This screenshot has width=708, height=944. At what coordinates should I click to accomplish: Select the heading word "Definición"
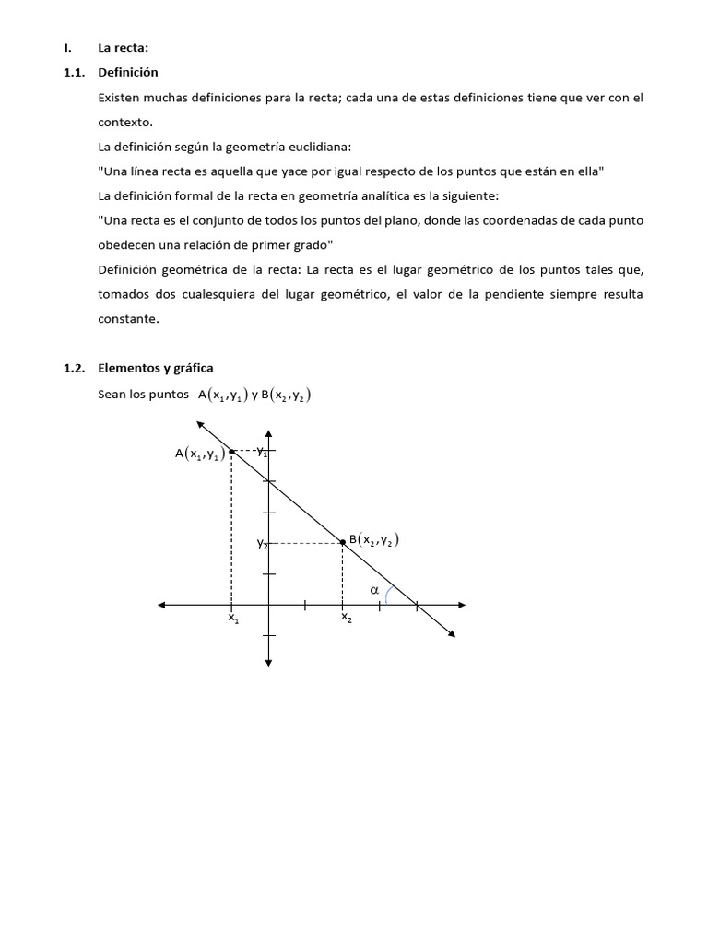pyautogui.click(x=128, y=72)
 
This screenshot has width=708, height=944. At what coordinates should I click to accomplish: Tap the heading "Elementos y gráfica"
pyautogui.click(x=155, y=368)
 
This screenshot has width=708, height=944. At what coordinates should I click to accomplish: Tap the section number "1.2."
pyautogui.click(x=75, y=368)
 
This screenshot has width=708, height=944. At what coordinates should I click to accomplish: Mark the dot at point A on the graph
pyautogui.click(x=230, y=451)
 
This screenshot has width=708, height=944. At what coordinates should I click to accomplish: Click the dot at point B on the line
pyautogui.click(x=343, y=542)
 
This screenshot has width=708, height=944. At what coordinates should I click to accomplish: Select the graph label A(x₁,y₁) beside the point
pyautogui.click(x=200, y=453)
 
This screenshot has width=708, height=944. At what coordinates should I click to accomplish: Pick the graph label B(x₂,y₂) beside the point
pyautogui.click(x=374, y=541)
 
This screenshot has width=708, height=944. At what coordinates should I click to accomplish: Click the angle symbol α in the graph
pyautogui.click(x=374, y=589)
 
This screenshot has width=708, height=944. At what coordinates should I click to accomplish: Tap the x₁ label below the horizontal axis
pyautogui.click(x=233, y=619)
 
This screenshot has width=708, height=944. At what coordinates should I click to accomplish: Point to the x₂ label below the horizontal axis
pyautogui.click(x=346, y=619)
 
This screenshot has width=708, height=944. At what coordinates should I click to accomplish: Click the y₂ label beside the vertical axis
pyautogui.click(x=262, y=544)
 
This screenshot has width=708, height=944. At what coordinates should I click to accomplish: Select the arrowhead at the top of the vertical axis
pyautogui.click(x=268, y=434)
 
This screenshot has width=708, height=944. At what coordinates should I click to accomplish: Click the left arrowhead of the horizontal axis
pyautogui.click(x=162, y=605)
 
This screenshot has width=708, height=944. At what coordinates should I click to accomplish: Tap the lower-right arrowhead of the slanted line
pyautogui.click(x=451, y=632)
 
